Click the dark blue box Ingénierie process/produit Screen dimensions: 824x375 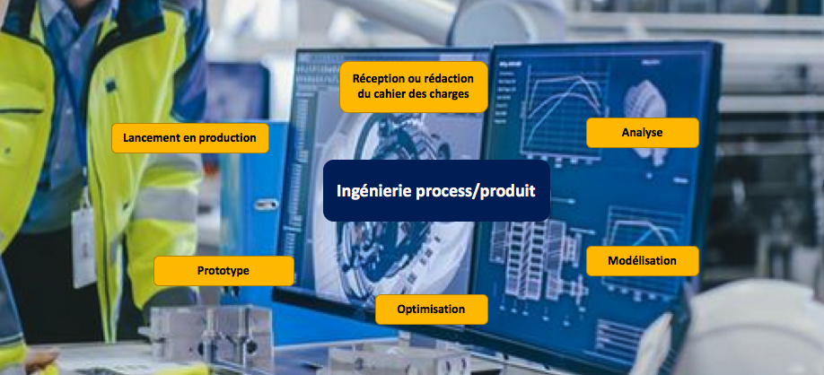[x=436, y=190]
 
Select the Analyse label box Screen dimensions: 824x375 [x=642, y=133]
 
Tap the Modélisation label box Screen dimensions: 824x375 [x=642, y=260]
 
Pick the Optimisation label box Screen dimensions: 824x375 [x=431, y=310]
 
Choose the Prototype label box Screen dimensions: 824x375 [x=224, y=271]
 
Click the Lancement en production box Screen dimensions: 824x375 [x=189, y=138]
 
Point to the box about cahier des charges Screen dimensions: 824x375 [x=414, y=87]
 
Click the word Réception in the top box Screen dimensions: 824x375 [x=379, y=79]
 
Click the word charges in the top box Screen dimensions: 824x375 [x=451, y=94]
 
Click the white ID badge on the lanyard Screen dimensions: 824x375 [x=84, y=247]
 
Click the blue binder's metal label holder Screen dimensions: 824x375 [x=266, y=205]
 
